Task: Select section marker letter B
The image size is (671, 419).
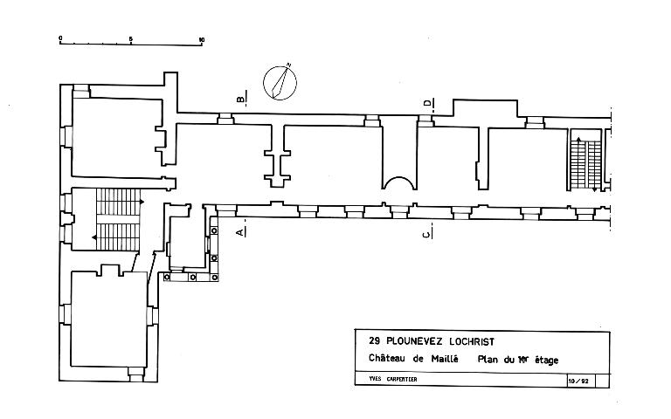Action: [x=239, y=98]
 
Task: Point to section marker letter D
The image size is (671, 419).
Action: [x=427, y=105]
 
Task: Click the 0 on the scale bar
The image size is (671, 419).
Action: [x=60, y=38]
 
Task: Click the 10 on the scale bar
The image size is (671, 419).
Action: [x=202, y=38]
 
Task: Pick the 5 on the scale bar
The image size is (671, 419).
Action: [x=131, y=38]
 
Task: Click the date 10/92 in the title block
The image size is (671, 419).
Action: [x=578, y=381]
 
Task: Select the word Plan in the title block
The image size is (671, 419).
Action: [x=486, y=360]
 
